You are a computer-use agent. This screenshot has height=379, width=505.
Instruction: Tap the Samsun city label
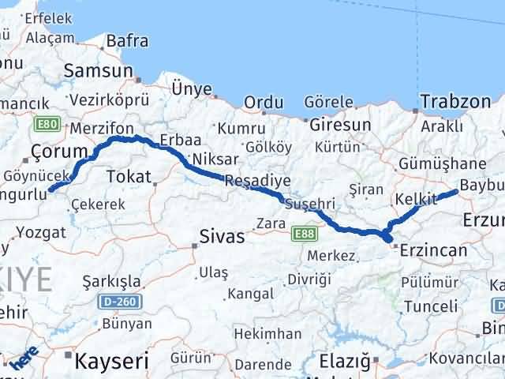point(99,71)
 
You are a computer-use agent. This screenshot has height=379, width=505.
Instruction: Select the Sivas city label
point(222,235)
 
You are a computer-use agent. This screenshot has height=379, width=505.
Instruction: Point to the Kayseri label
point(111,362)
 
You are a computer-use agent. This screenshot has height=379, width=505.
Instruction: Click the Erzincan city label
point(433,250)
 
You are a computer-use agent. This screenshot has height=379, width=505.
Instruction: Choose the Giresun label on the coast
point(340,125)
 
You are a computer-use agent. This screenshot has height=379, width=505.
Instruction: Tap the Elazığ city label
point(344,362)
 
